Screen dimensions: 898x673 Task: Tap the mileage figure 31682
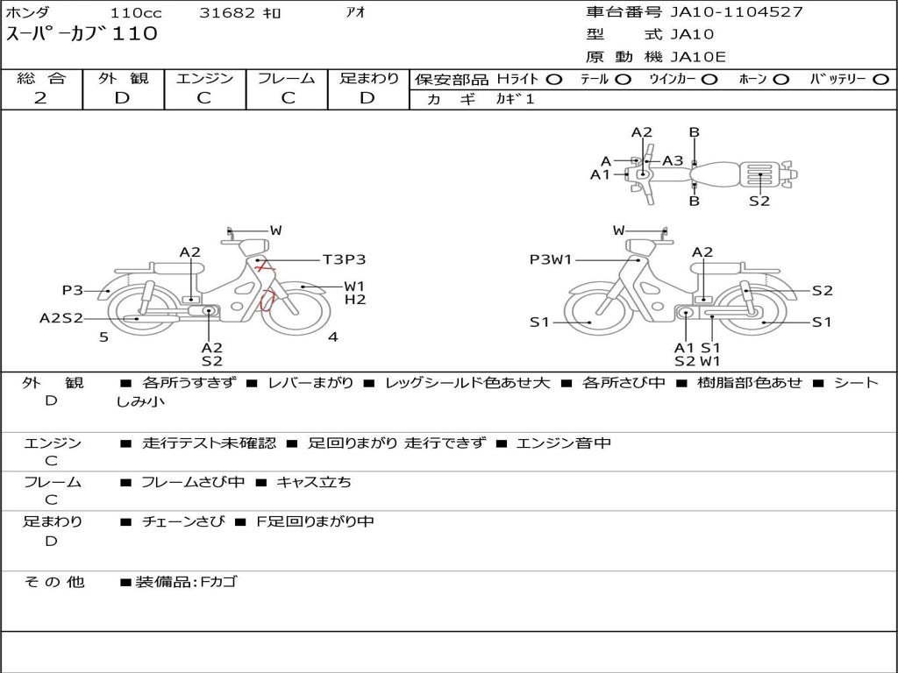227,12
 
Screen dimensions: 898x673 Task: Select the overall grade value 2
40,98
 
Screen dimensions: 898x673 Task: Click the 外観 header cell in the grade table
123,78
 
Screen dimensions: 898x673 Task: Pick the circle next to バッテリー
880,80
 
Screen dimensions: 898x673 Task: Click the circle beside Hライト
554,80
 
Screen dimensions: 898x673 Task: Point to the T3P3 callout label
344,259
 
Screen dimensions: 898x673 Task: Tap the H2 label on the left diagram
355,300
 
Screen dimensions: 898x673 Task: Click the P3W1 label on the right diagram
551,259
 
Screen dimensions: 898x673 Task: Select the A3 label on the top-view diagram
673,161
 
